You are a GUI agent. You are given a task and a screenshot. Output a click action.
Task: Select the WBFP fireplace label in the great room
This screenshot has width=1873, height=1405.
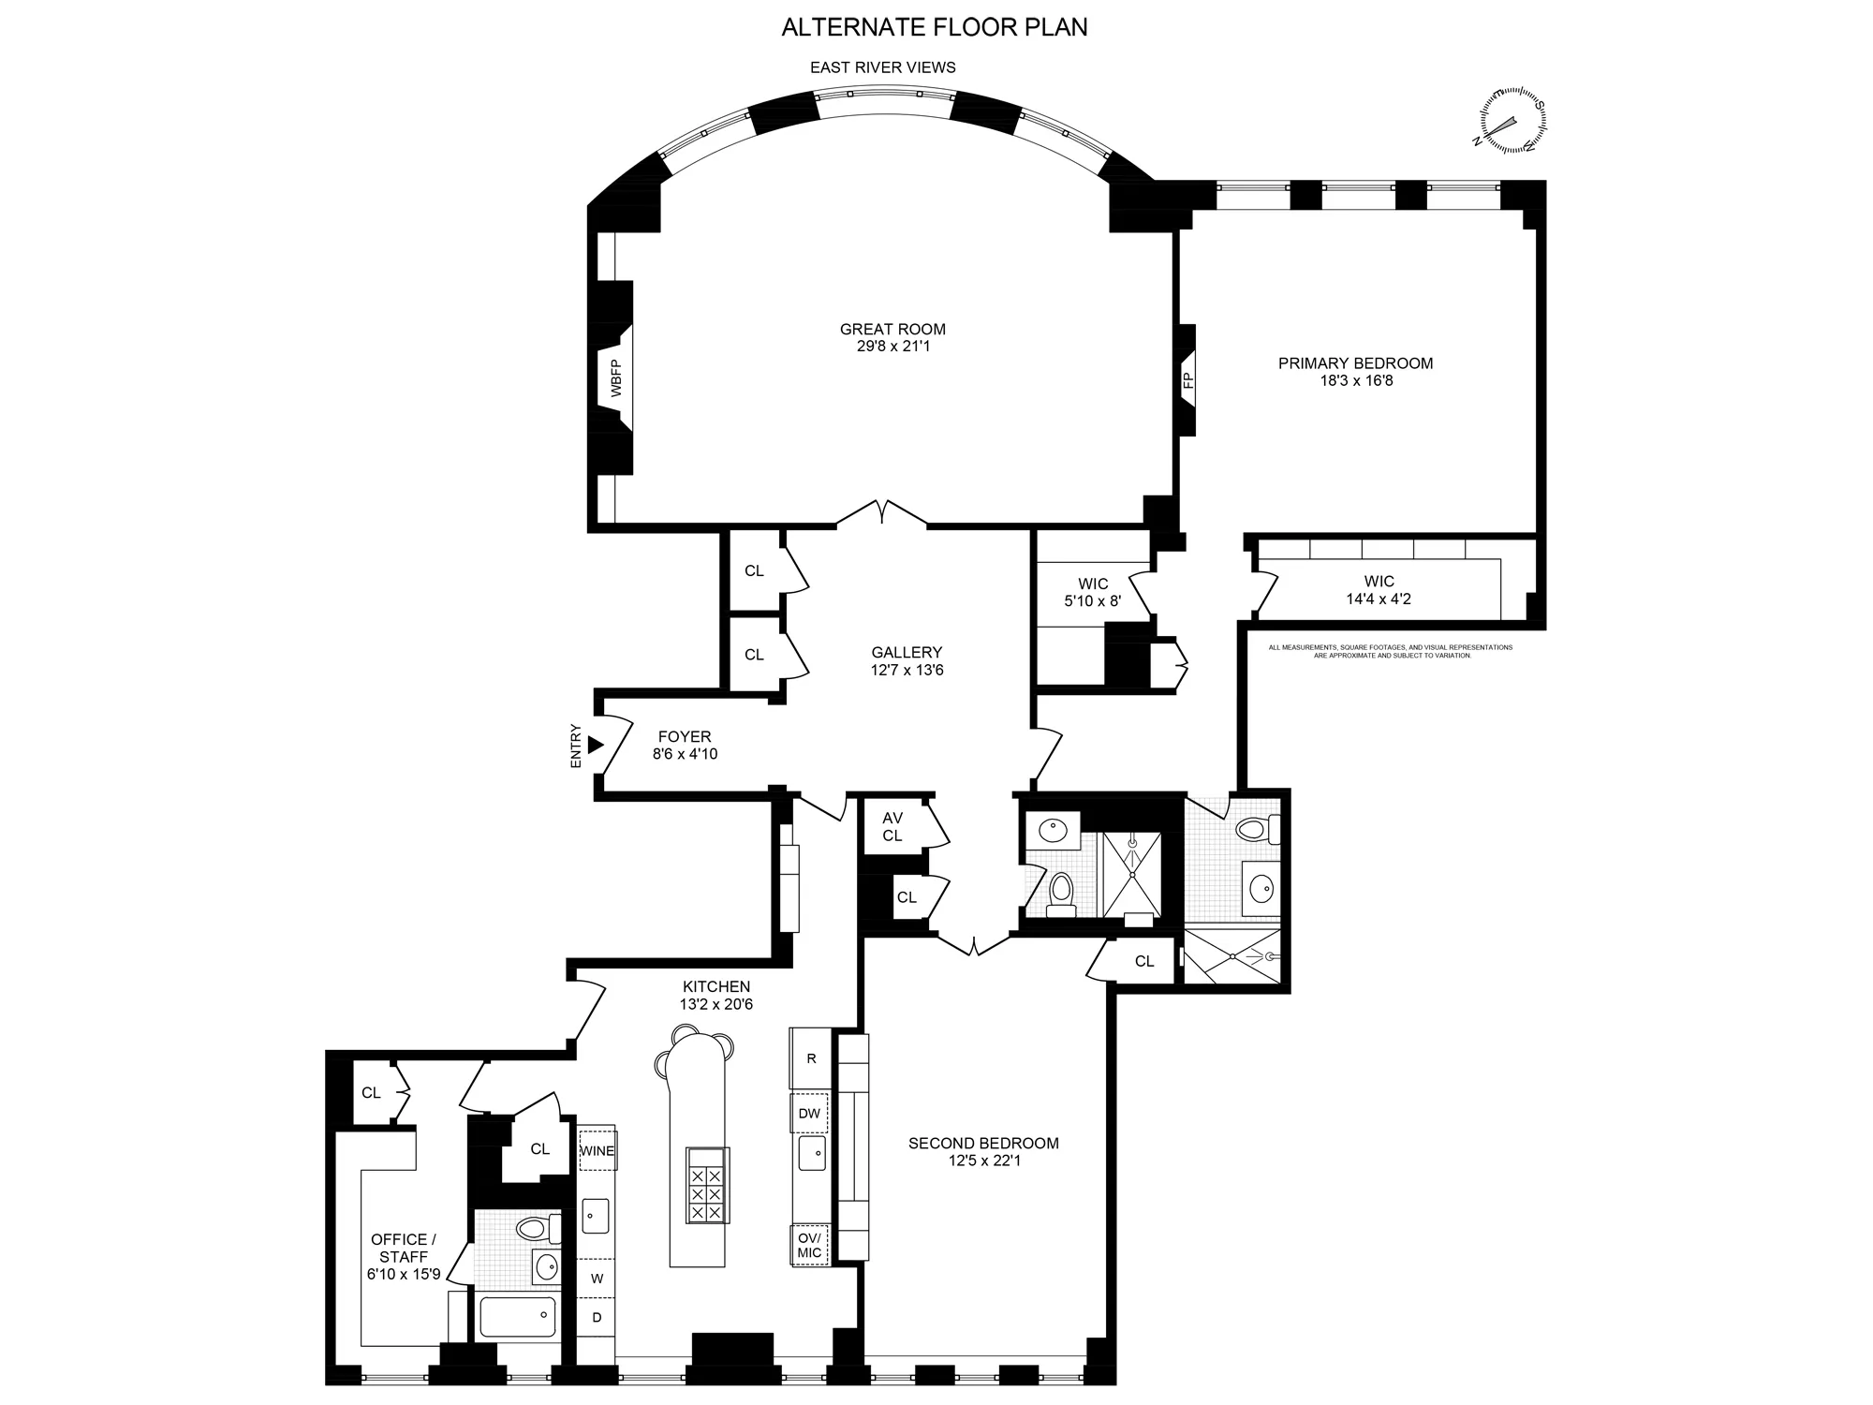coord(616,378)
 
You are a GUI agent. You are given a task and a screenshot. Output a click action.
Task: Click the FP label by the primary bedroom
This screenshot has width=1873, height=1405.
coord(1187,380)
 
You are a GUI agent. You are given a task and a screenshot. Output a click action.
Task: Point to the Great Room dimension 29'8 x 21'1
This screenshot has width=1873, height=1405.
coord(892,347)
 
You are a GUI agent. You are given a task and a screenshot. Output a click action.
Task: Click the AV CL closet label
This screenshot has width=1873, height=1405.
coord(892,826)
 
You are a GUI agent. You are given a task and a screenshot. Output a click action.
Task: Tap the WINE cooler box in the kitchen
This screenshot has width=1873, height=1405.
coord(597,1150)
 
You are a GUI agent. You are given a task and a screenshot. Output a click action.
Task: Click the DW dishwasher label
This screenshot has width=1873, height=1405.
coord(809,1114)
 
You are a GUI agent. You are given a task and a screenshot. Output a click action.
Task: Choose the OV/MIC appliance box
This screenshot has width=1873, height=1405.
coord(809,1245)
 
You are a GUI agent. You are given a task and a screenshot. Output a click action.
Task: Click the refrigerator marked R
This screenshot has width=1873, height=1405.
coord(811,1058)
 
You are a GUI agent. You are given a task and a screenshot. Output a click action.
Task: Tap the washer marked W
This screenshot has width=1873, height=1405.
coord(597,1279)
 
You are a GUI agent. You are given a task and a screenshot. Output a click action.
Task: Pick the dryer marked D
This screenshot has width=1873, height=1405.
coord(597,1318)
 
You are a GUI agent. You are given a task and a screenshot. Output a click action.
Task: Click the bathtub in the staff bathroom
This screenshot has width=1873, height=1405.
coord(517,1316)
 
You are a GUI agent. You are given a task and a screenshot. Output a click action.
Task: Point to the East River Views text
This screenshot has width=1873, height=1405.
coord(882,67)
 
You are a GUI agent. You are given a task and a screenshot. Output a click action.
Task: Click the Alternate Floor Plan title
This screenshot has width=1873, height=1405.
coord(935,27)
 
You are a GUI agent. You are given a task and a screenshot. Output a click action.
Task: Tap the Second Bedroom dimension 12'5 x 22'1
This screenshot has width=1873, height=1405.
coord(983,1161)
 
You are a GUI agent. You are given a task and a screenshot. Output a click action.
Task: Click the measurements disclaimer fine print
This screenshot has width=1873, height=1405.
coord(1390,651)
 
